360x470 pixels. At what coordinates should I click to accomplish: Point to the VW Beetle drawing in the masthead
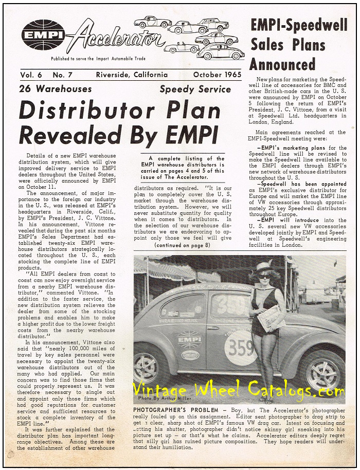221,51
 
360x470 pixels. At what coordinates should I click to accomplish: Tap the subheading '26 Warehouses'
55,89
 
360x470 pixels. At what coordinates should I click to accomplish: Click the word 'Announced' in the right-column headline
282,65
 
